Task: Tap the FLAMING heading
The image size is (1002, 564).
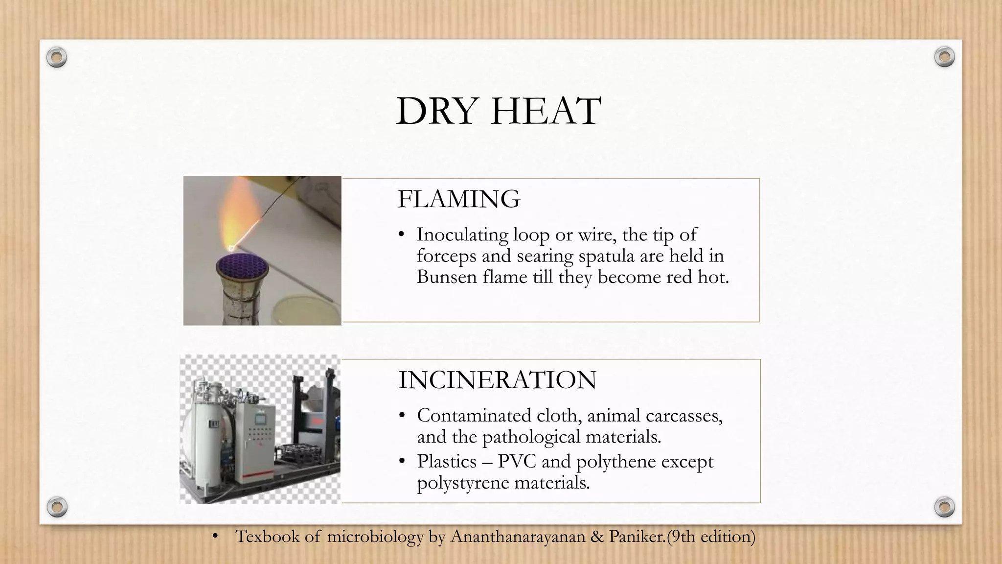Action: click(458, 199)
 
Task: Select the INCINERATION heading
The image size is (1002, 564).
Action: click(497, 380)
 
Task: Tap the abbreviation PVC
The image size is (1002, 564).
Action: click(517, 462)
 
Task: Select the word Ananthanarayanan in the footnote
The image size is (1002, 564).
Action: click(518, 537)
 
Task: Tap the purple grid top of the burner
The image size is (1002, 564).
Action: click(243, 268)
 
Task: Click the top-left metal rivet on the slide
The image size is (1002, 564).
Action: click(56, 58)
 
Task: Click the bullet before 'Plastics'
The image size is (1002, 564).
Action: click(402, 462)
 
